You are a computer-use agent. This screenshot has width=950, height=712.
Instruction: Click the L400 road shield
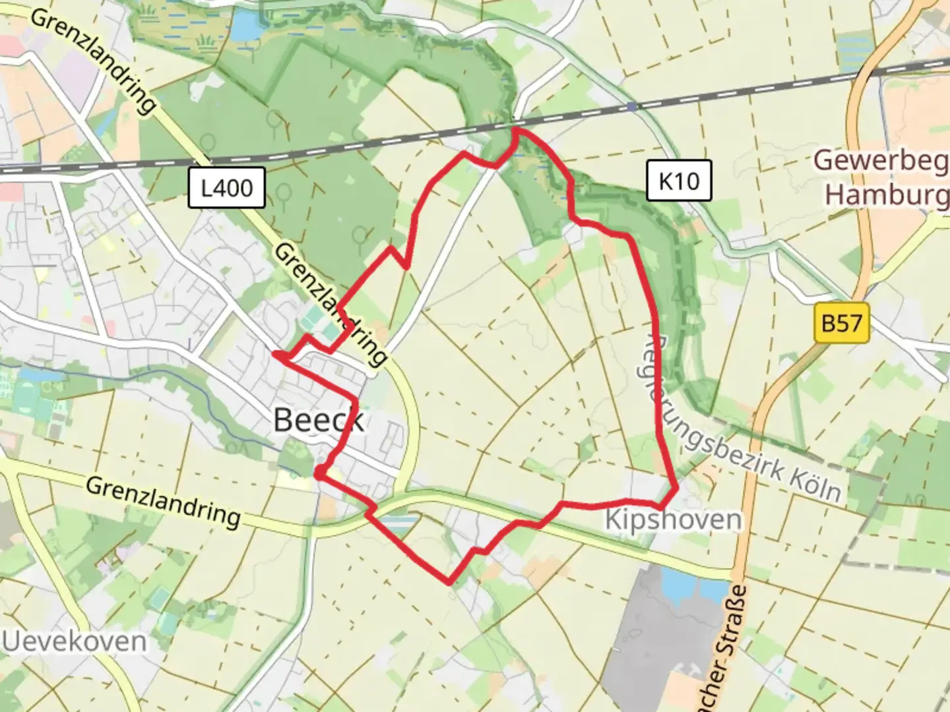pyautogui.click(x=226, y=188)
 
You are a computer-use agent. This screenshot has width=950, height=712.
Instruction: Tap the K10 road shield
pyautogui.click(x=678, y=180)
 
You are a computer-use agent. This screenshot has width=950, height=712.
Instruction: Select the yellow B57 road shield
pyautogui.click(x=841, y=323)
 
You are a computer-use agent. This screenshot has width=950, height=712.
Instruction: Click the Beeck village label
pyautogui.click(x=318, y=420)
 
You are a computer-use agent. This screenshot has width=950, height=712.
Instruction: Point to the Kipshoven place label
pyautogui.click(x=673, y=519)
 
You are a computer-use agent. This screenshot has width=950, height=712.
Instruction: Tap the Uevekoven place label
pyautogui.click(x=74, y=641)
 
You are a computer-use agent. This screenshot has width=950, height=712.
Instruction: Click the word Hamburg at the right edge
pyautogui.click(x=887, y=195)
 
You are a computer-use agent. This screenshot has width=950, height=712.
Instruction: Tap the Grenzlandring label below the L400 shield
pyautogui.click(x=330, y=303)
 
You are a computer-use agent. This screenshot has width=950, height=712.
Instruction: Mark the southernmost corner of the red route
pyautogui.click(x=449, y=583)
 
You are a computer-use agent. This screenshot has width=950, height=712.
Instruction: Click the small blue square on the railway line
pyautogui.click(x=632, y=107)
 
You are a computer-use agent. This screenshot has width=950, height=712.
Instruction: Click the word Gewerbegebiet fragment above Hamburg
pyautogui.click(x=880, y=160)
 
